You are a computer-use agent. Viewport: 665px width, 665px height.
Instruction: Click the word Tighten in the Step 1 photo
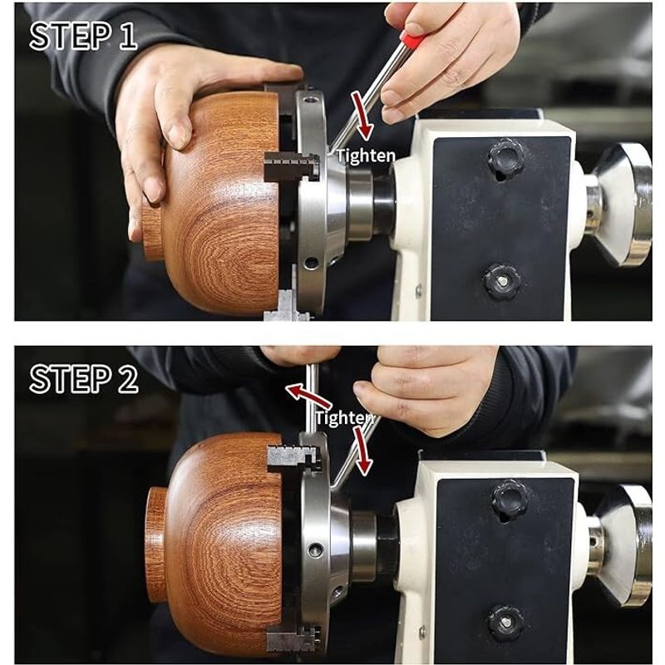366,156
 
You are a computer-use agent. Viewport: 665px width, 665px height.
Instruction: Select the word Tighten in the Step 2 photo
344,418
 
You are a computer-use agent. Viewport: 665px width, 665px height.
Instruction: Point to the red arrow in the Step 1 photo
362,116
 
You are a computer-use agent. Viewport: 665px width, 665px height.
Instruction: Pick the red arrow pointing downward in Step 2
362,451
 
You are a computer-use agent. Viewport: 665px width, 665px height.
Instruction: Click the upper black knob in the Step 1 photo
505,159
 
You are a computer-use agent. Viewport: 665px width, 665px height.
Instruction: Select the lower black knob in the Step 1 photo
502,281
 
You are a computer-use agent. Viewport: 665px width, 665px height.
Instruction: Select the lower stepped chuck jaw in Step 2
294,634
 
